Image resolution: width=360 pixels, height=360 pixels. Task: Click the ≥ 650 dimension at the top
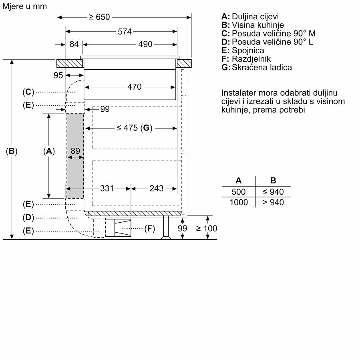tap(99, 17)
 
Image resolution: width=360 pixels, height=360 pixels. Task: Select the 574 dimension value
tap(125, 32)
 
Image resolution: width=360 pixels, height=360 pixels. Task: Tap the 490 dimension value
tap(145, 44)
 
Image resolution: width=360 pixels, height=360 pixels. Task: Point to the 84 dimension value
tap(74, 44)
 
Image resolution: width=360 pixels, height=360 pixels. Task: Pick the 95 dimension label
tap(58, 75)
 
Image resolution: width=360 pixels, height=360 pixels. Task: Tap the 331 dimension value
tap(107, 188)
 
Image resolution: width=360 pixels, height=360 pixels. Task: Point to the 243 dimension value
tap(156, 188)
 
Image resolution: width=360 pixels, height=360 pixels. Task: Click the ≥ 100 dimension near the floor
tap(207, 228)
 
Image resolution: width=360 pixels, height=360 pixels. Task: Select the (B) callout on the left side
tap(12, 151)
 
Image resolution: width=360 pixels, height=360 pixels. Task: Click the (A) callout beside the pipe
tap(48, 151)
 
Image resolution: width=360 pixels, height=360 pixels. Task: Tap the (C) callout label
tap(28, 92)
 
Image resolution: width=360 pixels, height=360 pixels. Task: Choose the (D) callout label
tap(28, 217)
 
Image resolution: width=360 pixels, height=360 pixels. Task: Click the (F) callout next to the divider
tap(149, 229)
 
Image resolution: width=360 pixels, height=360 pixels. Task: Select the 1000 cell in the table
tap(239, 202)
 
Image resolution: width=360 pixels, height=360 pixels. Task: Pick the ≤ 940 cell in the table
tap(273, 192)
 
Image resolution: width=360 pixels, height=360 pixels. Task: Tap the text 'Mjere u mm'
tap(24, 6)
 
